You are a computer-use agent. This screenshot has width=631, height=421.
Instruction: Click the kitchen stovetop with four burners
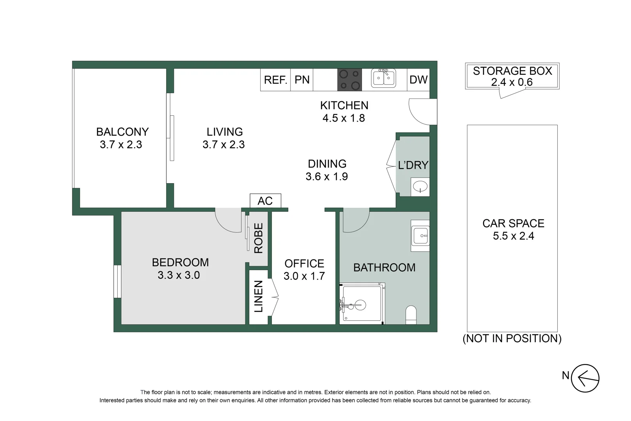pos(349,80)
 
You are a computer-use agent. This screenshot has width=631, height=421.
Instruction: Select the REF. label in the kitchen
pos(275,80)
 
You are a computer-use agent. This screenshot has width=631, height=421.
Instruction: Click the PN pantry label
pos(302,80)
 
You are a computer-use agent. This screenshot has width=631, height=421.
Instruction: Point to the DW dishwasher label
pos(418,80)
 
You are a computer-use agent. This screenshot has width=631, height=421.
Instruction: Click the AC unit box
pos(265,201)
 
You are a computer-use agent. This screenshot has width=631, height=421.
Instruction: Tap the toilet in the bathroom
pos(411,315)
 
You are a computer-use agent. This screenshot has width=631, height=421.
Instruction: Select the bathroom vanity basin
pos(420,236)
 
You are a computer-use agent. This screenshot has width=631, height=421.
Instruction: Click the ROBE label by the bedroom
pos(259,238)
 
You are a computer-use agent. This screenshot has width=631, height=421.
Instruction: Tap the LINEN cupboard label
pos(259,296)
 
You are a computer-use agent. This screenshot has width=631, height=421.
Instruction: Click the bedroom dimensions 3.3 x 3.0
pos(179,275)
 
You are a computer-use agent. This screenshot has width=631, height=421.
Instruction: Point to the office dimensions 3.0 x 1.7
pos(304,276)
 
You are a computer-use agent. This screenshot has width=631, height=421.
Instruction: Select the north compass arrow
pos(585,378)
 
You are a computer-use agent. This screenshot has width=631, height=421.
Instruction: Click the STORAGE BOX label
pos(512,71)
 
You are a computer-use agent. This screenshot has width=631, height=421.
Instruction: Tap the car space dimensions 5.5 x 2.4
pos(513,236)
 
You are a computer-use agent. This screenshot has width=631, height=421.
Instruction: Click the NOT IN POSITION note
pos(512,338)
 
